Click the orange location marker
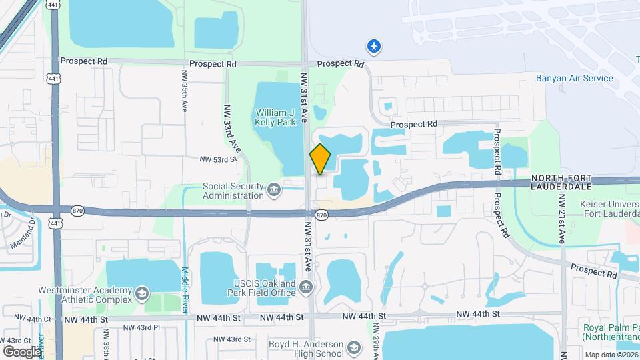[320, 159]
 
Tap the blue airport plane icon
[375, 46]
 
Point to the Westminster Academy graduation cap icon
[141, 294]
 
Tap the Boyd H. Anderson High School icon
[353, 348]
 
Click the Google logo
[22, 351]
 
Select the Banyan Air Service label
[574, 78]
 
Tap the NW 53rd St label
[218, 159]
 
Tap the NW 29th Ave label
[376, 340]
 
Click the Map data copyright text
[609, 354]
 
